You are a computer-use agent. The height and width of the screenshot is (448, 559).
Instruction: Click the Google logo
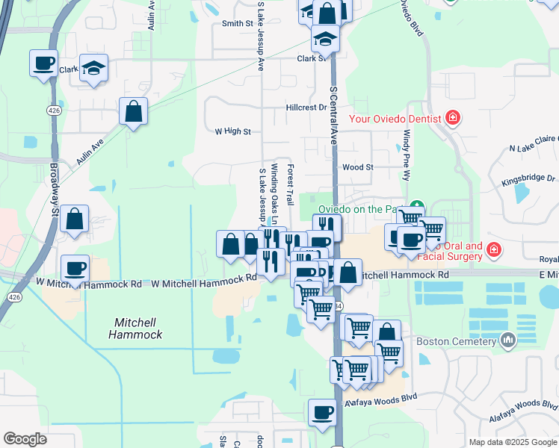pyautogui.click(x=25, y=439)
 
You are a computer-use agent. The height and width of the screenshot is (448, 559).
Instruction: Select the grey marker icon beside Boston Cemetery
pyautogui.click(x=509, y=341)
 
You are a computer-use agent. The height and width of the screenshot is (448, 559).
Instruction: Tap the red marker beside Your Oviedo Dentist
pyautogui.click(x=451, y=118)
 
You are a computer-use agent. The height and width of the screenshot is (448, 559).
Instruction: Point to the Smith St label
pyautogui.click(x=238, y=23)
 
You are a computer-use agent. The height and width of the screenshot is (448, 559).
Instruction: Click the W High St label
pyautogui.click(x=232, y=131)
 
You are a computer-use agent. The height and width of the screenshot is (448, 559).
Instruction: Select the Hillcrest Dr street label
pyautogui.click(x=306, y=108)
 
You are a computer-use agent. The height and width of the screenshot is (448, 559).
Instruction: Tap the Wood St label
pyautogui.click(x=357, y=167)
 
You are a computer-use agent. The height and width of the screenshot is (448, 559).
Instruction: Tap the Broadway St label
pyautogui.click(x=55, y=190)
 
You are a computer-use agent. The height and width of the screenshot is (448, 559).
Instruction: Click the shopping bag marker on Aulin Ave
pyautogui.click(x=133, y=112)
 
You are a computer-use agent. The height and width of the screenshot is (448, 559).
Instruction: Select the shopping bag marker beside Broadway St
pyautogui.click(x=75, y=220)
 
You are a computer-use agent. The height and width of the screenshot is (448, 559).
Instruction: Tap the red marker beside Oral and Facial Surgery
pyautogui.click(x=493, y=249)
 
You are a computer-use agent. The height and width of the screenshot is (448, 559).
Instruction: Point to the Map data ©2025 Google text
pyautogui.click(x=512, y=442)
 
